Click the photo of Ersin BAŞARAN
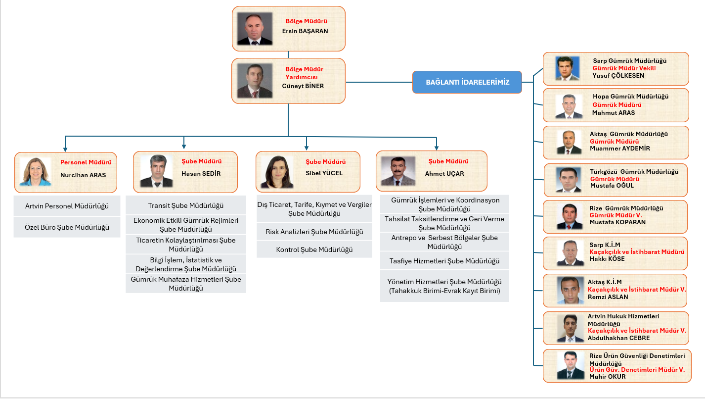[x=255, y=29]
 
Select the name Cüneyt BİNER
[x=303, y=86]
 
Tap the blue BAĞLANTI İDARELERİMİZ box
[x=467, y=82]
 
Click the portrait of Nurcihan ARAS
[x=35, y=172]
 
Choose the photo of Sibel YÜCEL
[x=277, y=172]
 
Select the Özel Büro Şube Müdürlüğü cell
[x=67, y=228]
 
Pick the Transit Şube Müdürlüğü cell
[x=186, y=205]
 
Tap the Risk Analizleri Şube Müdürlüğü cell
[x=314, y=232]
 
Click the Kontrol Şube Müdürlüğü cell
[x=314, y=250]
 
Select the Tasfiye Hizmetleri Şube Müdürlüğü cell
[x=444, y=261]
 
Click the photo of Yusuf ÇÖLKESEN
[x=567, y=68]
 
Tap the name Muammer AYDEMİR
[x=620, y=149]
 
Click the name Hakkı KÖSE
[x=607, y=259]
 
